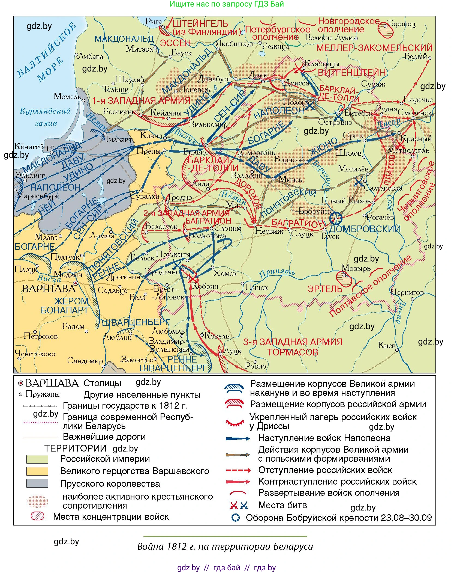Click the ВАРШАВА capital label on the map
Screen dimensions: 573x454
pos(49,289)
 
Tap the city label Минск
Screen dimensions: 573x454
pos(291,180)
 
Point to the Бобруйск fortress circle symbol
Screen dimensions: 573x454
pos(336,218)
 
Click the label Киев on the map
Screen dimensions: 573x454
pos(386,345)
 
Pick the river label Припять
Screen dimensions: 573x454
pos(277,273)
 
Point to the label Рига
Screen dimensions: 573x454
pos(154,21)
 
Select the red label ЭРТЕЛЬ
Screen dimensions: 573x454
pos(324,289)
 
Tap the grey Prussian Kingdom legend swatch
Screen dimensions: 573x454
pos(37,483)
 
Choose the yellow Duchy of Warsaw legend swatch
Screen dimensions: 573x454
pos(37,471)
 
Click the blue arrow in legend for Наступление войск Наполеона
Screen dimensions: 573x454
pos(238,439)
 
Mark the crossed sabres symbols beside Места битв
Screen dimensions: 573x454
pos(239,505)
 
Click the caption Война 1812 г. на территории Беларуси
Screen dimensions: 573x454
pos(225,547)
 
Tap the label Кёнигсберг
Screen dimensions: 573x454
pos(34,147)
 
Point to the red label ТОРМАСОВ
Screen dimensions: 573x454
pos(292,352)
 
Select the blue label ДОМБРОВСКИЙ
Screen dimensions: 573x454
pos(365,229)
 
